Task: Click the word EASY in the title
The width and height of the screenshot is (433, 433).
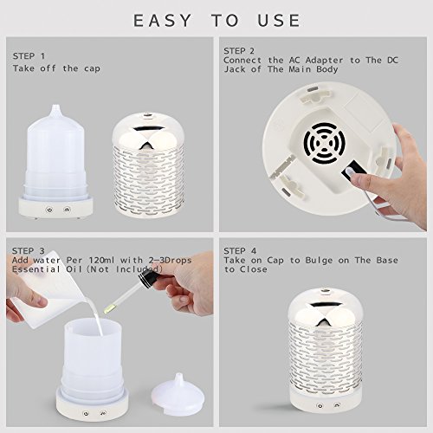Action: tap(162, 21)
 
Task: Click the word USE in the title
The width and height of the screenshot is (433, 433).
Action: tap(279, 21)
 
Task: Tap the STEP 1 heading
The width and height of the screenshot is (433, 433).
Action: tap(29, 56)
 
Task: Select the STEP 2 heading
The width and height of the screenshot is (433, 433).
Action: tap(239, 51)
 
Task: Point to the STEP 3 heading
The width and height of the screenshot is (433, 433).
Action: tap(29, 251)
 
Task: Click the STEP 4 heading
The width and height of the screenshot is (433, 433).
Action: tap(240, 251)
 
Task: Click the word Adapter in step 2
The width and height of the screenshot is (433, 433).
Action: tap(325, 61)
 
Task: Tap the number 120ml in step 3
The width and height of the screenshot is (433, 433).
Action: tap(101, 260)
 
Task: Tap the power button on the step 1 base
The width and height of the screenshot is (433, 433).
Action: tap(49, 210)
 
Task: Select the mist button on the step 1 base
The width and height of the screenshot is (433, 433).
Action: tap(67, 209)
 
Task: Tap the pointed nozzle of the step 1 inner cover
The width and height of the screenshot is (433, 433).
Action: tap(55, 109)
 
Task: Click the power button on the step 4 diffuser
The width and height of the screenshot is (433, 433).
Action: tap(320, 405)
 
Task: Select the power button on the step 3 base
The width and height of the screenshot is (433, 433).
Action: tap(86, 414)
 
